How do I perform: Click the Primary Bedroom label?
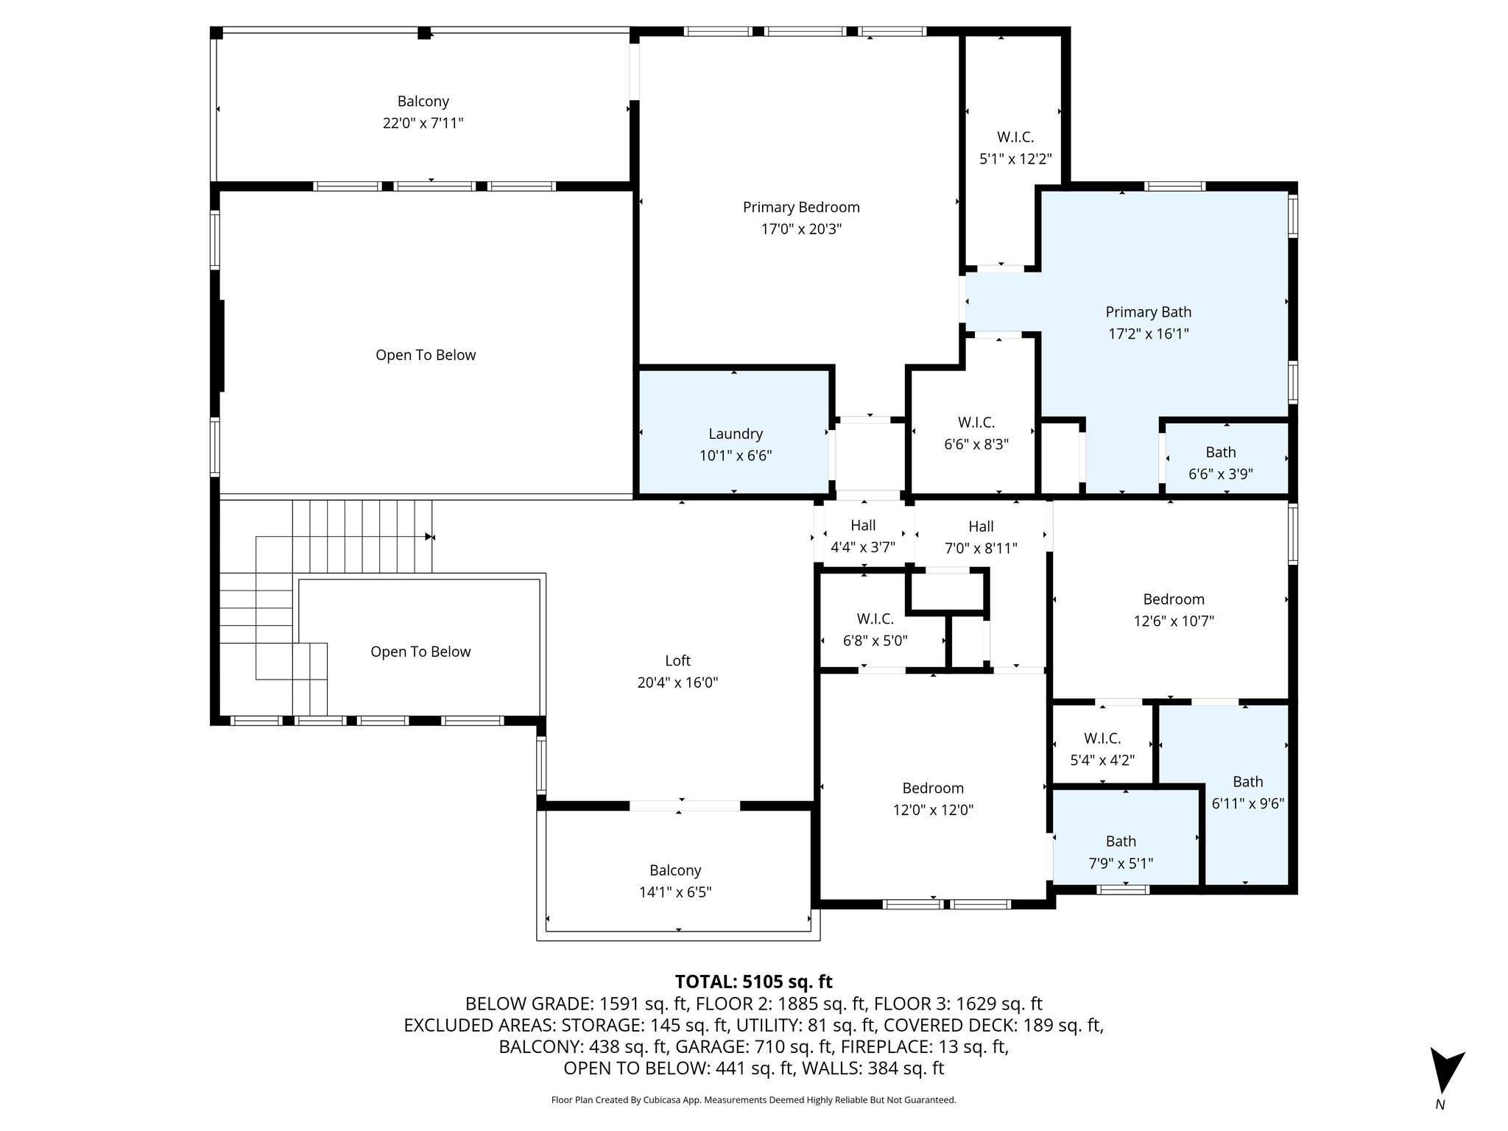(801, 208)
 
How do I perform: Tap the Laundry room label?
(736, 434)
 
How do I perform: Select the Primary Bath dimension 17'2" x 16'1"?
(1149, 334)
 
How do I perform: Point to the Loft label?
(677, 660)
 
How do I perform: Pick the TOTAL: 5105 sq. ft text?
(753, 982)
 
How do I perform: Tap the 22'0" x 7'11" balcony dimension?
(423, 123)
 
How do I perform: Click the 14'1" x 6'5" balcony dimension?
(675, 892)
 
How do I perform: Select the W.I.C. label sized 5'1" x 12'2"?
(1015, 137)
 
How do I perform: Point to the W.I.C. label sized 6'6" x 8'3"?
(976, 423)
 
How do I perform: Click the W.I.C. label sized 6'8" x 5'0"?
(875, 619)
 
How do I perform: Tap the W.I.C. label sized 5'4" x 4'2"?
(1102, 738)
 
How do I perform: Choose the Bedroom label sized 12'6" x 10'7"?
(1174, 599)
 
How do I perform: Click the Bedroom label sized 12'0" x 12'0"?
(933, 788)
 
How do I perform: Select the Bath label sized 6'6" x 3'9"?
(1221, 452)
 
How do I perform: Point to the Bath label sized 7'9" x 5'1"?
(1121, 841)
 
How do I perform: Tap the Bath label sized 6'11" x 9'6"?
(1248, 781)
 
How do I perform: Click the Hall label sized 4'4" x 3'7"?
(863, 525)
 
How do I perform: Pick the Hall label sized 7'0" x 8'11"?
(981, 526)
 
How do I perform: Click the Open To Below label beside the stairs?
(420, 652)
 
